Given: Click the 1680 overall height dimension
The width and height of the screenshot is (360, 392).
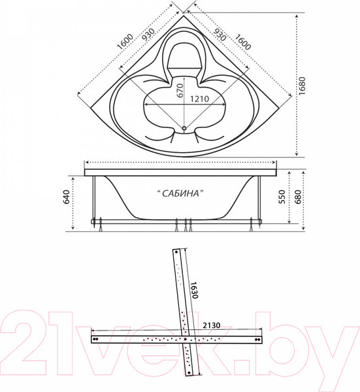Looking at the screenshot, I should (x=303, y=84).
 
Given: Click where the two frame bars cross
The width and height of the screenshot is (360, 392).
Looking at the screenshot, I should (x=187, y=338).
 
